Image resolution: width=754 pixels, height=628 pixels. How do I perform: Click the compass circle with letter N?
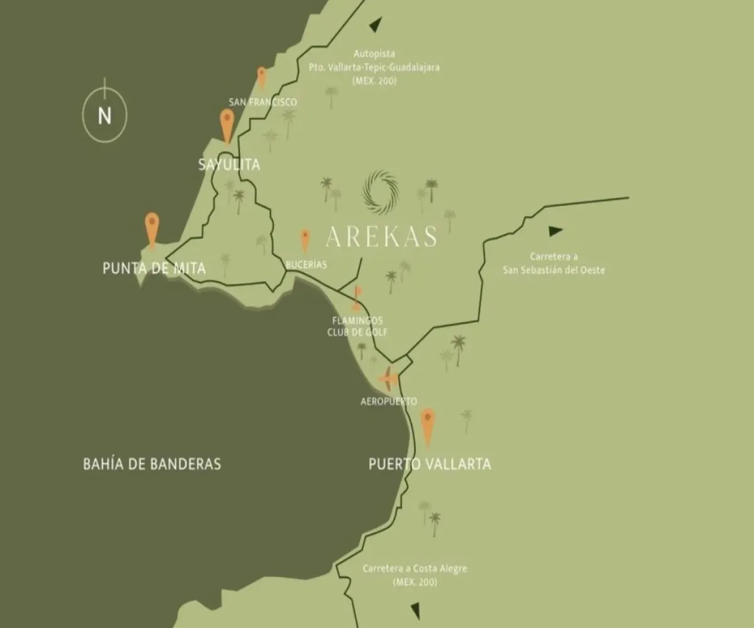tap(104, 116)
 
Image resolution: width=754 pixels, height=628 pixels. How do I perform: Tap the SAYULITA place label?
tap(229, 165)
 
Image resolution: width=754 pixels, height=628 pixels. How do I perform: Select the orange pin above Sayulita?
tap(227, 124)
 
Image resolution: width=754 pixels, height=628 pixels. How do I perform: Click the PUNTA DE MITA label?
tap(154, 269)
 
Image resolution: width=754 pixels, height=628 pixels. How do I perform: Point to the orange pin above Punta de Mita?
tap(151, 229)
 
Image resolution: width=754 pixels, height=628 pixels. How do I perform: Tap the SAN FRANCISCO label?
tap(263, 102)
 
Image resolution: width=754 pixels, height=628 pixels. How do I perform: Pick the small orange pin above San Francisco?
tap(262, 77)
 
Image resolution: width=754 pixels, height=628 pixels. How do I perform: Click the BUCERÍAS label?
tap(306, 265)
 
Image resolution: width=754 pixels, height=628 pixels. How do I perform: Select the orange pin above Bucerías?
tap(305, 240)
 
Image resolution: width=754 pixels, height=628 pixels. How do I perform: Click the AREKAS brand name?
tap(381, 237)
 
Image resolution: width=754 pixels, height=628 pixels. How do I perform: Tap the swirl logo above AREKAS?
tap(380, 192)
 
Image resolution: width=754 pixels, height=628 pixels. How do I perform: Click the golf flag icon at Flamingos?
tap(357, 298)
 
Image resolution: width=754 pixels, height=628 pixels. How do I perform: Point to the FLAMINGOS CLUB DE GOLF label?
tap(358, 327)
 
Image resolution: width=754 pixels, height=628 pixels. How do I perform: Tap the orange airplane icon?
tap(388, 379)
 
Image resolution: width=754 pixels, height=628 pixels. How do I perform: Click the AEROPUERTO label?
tap(388, 401)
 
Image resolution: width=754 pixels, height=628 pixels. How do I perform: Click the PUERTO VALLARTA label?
tap(429, 465)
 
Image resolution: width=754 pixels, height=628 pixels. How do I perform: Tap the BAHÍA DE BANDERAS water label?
tap(152, 464)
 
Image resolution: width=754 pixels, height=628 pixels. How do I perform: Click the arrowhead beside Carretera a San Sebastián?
tap(555, 230)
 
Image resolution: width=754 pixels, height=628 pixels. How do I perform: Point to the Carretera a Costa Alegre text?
tap(415, 575)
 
